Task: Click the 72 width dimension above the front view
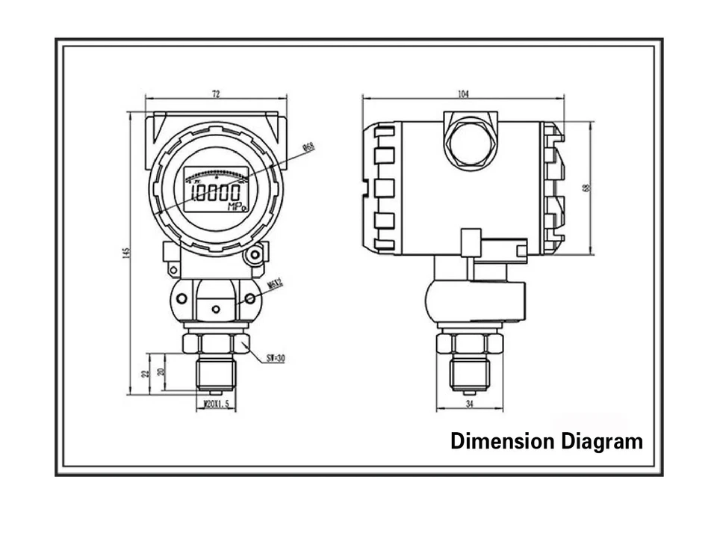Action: coord(216,94)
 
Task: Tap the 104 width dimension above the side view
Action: coord(464,94)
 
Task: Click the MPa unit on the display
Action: coord(236,207)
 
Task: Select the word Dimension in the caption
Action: coord(497,441)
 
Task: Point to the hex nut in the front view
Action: coord(216,343)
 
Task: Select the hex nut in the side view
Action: coord(468,343)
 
